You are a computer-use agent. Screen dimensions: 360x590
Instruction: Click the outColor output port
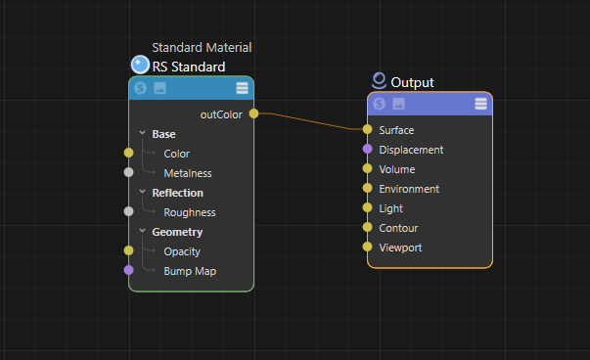click(253, 114)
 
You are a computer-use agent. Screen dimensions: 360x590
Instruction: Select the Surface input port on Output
click(367, 129)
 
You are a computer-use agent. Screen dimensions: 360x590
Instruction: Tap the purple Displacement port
click(367, 150)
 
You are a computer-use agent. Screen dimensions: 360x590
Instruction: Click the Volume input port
click(367, 168)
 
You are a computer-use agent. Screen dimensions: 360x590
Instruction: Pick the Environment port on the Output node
click(367, 188)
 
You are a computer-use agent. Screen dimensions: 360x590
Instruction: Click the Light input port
click(367, 207)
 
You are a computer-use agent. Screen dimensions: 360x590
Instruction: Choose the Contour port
click(367, 227)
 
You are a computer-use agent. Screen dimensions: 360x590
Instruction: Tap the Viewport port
click(367, 247)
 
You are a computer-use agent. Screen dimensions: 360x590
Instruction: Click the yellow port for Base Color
click(128, 153)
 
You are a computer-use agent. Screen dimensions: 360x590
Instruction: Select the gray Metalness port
click(128, 172)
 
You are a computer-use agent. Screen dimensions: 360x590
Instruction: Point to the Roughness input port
click(128, 211)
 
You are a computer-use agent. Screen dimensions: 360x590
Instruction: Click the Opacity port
click(128, 250)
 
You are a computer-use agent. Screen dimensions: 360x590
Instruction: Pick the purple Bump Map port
click(128, 270)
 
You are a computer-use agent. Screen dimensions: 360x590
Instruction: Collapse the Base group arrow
click(142, 134)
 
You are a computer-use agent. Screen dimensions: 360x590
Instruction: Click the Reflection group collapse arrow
click(142, 193)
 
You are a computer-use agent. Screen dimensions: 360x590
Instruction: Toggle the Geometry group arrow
click(142, 232)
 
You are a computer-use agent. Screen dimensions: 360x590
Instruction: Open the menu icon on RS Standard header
click(242, 88)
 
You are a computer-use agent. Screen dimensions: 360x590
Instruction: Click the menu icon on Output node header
click(480, 104)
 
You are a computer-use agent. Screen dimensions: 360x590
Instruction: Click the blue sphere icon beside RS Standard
click(140, 66)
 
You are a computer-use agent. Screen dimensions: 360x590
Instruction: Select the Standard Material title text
click(202, 47)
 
